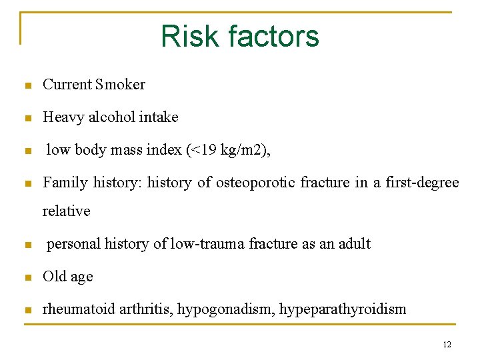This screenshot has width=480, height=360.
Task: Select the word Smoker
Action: [120, 85]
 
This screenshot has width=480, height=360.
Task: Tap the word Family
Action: [65, 182]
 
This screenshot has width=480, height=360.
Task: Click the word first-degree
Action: [421, 182]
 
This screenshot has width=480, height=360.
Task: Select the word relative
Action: [66, 211]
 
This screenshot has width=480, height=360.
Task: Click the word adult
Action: [353, 244]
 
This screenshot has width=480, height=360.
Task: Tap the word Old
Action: [54, 277]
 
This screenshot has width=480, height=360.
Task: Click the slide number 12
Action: [447, 345]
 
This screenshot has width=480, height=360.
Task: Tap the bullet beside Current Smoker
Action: [27, 86]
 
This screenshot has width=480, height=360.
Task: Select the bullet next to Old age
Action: [27, 278]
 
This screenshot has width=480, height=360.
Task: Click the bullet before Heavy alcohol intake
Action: [27, 119]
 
